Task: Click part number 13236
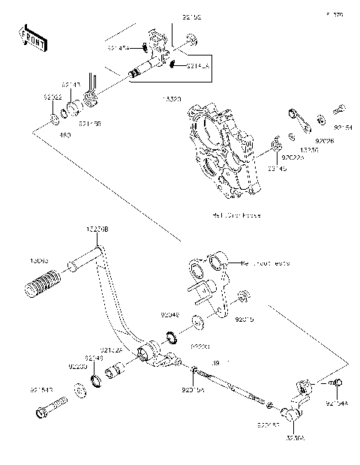coord(307,149)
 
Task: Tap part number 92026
coord(324,140)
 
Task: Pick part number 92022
coord(52,97)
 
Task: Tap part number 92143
coord(71,85)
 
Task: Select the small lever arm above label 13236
coord(295,121)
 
